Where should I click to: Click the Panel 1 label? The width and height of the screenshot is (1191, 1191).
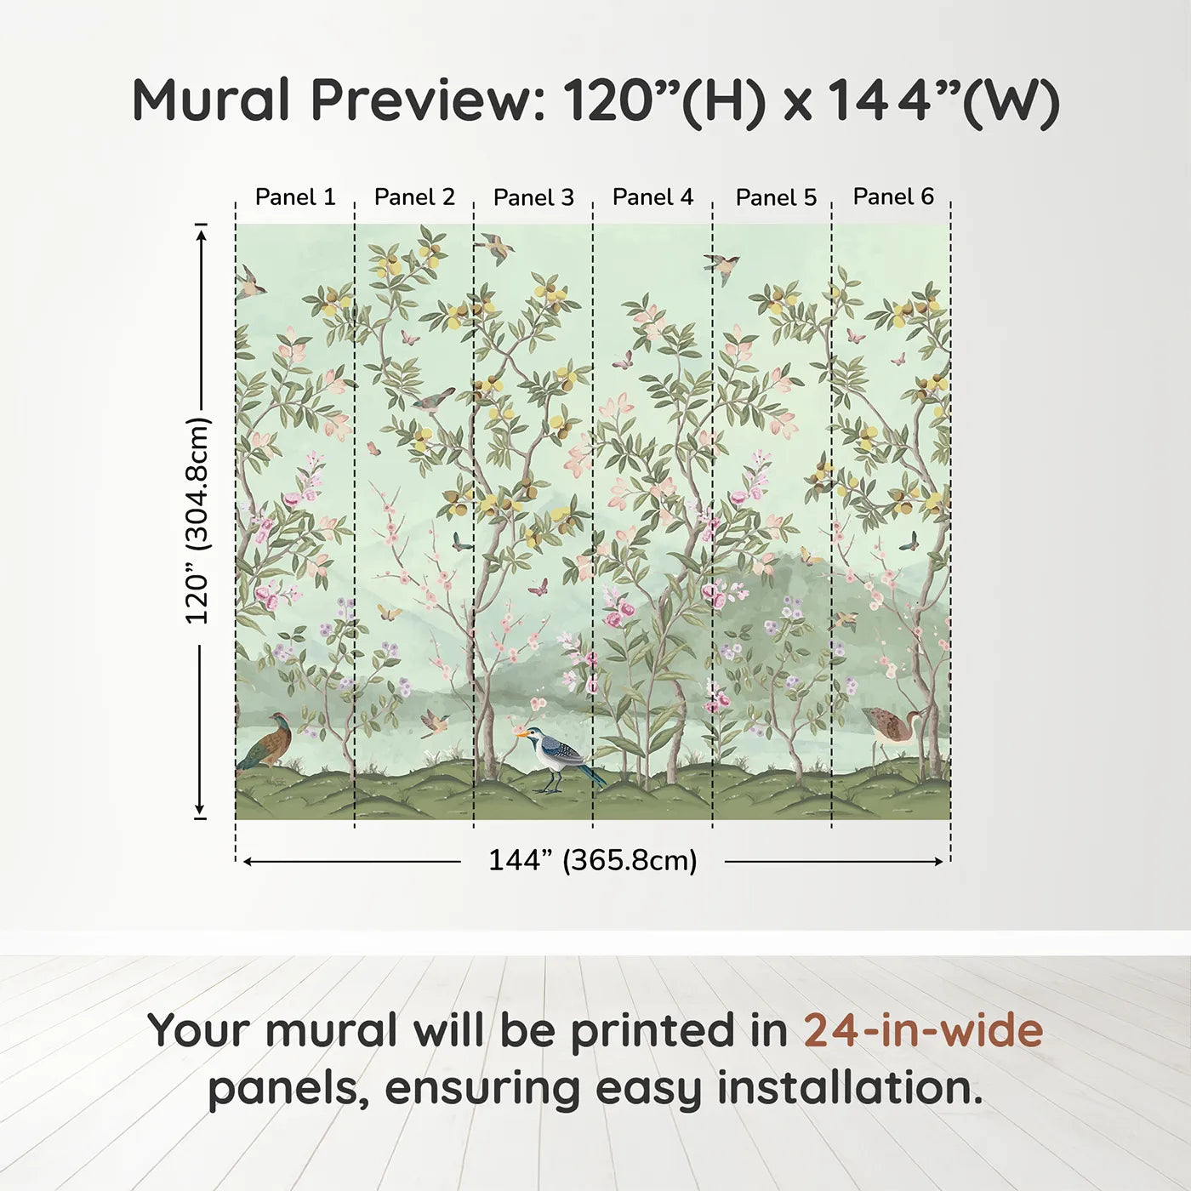pos(295,197)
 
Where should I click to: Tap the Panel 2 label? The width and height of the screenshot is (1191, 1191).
pos(414,197)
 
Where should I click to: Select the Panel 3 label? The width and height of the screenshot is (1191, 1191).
pos(533,197)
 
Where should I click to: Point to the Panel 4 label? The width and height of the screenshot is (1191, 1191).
pos(652,197)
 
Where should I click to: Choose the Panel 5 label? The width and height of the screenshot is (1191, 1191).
pos(777,197)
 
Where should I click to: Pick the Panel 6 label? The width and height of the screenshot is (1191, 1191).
pos(894,197)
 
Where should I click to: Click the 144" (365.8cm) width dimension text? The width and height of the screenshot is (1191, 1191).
pos(593,860)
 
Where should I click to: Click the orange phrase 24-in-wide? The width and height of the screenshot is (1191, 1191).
pos(923,1030)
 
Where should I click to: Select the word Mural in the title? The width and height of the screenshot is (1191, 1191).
pos(211,100)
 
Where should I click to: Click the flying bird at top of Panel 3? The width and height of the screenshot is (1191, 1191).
pos(494,248)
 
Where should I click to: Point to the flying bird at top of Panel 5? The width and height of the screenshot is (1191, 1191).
pos(721,267)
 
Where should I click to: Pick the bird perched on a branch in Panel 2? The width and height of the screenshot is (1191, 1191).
pos(435,400)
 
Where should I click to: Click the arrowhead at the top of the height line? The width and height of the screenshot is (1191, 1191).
pos(200,235)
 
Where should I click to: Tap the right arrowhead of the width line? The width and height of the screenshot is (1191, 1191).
pos(938,862)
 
